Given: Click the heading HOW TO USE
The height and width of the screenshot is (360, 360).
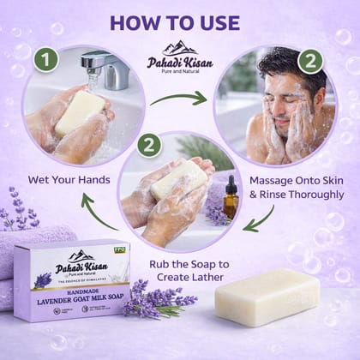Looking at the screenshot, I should click(179, 21).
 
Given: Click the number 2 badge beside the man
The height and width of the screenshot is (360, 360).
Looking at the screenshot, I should click(309, 61).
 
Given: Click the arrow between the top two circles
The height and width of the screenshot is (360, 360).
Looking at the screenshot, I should click(179, 98).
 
